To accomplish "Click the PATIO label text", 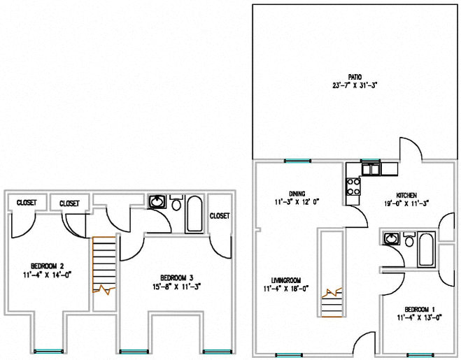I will coord(355,77).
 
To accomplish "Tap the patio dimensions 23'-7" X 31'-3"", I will coord(355,85).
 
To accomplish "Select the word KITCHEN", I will coord(406,195).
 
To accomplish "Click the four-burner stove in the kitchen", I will coord(353,186).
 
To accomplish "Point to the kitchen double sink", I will coord(370,168).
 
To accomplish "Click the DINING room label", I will coord(296,194).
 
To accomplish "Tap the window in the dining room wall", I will coord(297,161).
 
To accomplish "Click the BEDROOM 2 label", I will coord(48,265).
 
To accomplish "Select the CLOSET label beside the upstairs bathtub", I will coord(220,216).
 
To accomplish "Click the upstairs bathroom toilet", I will coord(176,205).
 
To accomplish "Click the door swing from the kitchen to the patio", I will coord(409,147).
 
